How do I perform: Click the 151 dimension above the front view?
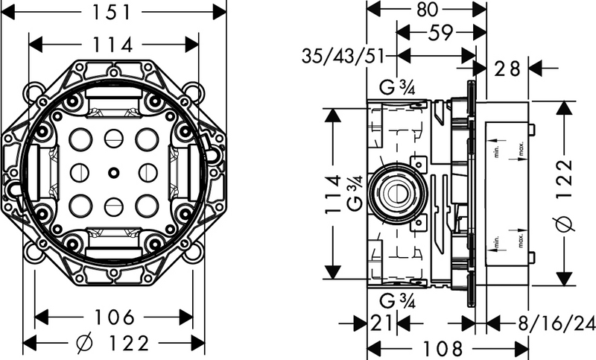(x=114, y=12)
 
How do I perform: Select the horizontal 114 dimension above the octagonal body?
(x=114, y=45)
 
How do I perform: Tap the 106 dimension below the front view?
(x=114, y=318)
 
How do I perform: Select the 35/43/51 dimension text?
(x=343, y=56)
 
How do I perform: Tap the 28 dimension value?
(x=507, y=69)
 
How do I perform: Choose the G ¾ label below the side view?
(x=397, y=301)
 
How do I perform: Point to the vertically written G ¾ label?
(x=355, y=195)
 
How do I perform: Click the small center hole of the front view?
(x=112, y=173)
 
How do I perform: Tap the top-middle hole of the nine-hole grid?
(x=112, y=138)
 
